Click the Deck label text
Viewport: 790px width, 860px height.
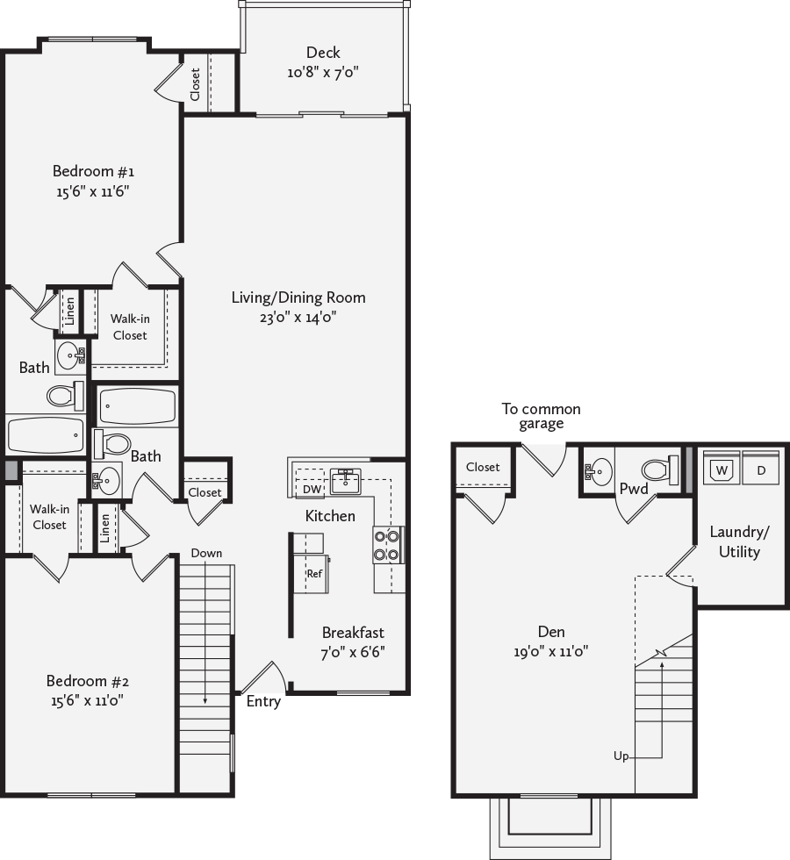point(323,53)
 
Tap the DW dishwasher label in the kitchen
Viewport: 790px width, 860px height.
point(312,489)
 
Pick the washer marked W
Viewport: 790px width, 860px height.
point(722,469)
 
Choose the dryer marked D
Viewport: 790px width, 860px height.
point(760,469)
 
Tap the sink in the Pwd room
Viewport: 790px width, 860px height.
point(600,472)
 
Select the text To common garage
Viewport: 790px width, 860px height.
point(541,416)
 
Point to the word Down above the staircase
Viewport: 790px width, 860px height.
point(206,554)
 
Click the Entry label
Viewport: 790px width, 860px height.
point(263,701)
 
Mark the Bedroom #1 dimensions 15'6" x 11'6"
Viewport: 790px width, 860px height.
point(92,190)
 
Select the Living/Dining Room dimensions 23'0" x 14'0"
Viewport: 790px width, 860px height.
point(298,318)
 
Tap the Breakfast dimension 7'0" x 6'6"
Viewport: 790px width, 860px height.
point(353,652)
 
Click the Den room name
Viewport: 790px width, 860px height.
point(551,632)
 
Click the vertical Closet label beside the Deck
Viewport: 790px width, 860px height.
point(195,84)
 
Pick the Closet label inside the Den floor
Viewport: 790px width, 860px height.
point(483,468)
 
